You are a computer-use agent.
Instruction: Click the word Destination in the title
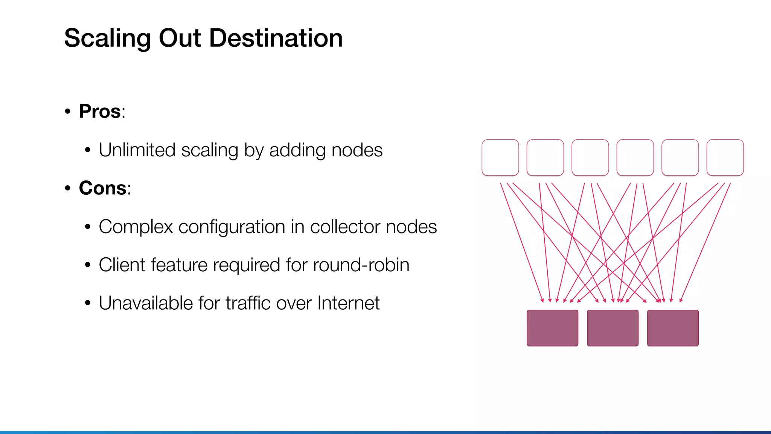(x=276, y=38)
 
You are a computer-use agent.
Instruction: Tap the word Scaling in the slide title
(x=107, y=39)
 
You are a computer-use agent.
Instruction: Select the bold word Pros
(x=100, y=112)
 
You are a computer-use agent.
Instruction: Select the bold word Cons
(x=102, y=188)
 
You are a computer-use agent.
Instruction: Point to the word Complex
(x=136, y=227)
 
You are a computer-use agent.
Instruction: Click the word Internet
(x=348, y=303)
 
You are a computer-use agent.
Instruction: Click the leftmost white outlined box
(x=500, y=157)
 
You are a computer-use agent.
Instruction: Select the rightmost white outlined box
(x=725, y=157)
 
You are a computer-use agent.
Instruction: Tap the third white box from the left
(x=590, y=157)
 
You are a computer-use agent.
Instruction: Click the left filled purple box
(x=552, y=328)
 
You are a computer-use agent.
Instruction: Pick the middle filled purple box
(x=613, y=328)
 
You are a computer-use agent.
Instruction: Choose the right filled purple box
(x=673, y=328)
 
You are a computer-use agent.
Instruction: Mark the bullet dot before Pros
(x=68, y=112)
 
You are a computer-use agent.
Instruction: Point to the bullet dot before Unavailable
(x=88, y=303)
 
